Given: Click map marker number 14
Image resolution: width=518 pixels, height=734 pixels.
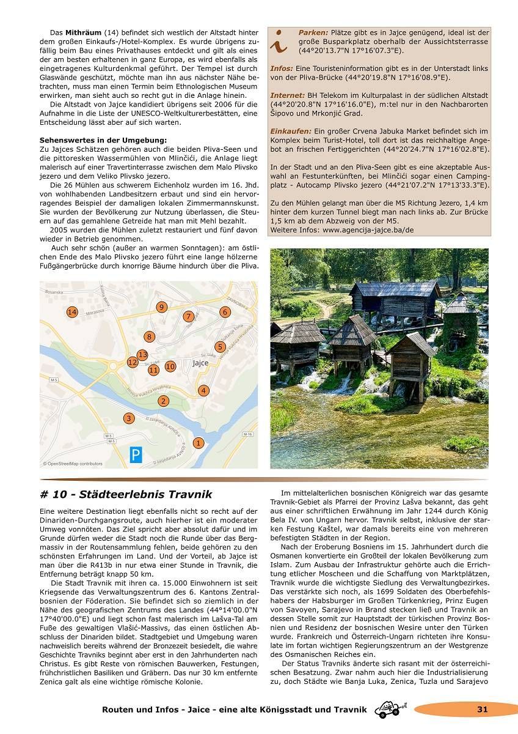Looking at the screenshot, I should click(x=72, y=313).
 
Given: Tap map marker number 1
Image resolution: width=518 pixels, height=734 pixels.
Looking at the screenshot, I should click(x=198, y=443).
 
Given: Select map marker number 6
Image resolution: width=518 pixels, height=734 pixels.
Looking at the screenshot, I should click(x=225, y=313).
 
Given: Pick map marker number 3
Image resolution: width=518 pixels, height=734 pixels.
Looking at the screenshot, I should click(x=128, y=418).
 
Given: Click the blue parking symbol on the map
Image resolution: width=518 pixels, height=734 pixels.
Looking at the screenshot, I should click(x=136, y=454).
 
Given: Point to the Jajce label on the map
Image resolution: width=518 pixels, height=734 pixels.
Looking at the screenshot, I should click(x=200, y=363).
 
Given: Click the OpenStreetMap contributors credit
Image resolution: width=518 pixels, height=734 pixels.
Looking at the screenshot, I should click(x=73, y=464).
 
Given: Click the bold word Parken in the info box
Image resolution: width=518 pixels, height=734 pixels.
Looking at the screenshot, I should click(x=313, y=32).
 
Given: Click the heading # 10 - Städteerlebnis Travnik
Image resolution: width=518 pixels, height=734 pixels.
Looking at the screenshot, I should click(x=126, y=494).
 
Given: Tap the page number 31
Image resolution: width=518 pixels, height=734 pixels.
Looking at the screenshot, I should click(x=483, y=710).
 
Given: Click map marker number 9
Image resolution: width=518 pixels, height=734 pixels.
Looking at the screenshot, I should click(x=161, y=307).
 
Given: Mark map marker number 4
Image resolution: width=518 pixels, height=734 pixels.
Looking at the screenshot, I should click(x=203, y=390).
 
